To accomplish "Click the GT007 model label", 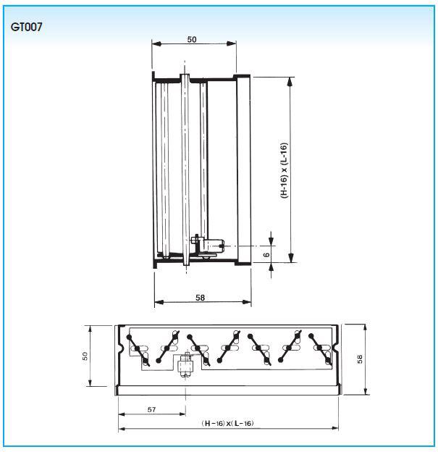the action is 26,27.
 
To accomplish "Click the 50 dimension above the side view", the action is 192,39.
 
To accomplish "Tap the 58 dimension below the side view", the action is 200,298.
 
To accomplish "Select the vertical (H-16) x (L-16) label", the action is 284,170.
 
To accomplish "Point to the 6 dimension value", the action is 267,255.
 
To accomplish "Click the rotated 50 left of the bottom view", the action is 85,356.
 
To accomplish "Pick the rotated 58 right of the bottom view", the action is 360,359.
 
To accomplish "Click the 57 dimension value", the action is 151,409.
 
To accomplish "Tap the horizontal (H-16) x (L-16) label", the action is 227,423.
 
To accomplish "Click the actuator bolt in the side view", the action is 208,246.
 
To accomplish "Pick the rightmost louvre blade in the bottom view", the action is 320,349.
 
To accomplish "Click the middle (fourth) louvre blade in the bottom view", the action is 229,347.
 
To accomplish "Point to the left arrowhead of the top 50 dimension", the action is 156,43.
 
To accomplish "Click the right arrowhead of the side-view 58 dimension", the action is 247,302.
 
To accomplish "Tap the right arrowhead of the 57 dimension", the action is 182,414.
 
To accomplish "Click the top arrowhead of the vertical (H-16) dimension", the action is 290,82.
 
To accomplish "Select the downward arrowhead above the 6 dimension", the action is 271,241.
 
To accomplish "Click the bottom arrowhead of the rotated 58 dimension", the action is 366,391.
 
